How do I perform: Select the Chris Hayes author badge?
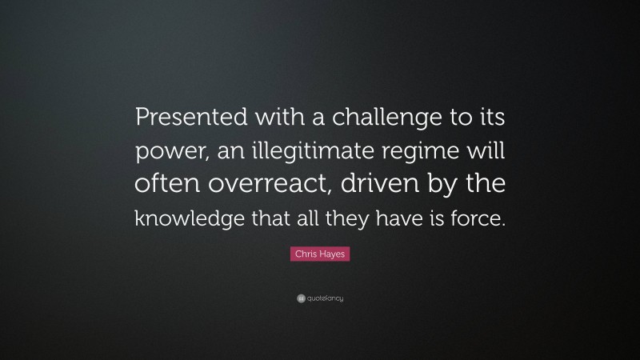pyautogui.click(x=320, y=254)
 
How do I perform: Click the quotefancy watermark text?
pyautogui.click(x=325, y=298)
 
